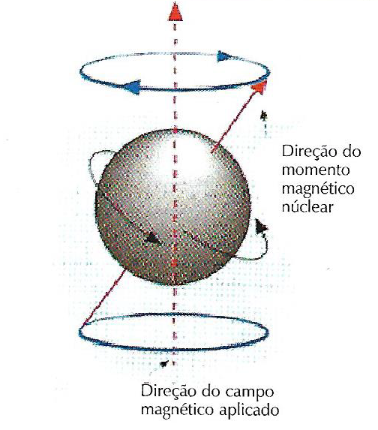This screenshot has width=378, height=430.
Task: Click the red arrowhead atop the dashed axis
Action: point(175,12)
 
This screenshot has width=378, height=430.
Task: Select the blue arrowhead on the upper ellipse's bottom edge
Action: point(133,86)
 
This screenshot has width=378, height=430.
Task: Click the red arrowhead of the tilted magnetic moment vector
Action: point(259,87)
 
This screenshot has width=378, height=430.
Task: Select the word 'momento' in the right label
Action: point(316,170)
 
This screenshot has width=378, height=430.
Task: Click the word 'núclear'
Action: point(307,206)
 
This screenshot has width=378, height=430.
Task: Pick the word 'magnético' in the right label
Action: point(318,189)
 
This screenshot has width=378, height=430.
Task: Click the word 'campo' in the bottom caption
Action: point(250,392)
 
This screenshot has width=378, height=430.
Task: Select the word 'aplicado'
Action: point(250,410)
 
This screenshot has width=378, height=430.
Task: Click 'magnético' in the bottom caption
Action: point(177,410)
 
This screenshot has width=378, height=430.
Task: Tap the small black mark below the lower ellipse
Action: point(164,364)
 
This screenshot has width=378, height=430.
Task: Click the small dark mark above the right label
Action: point(264,116)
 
